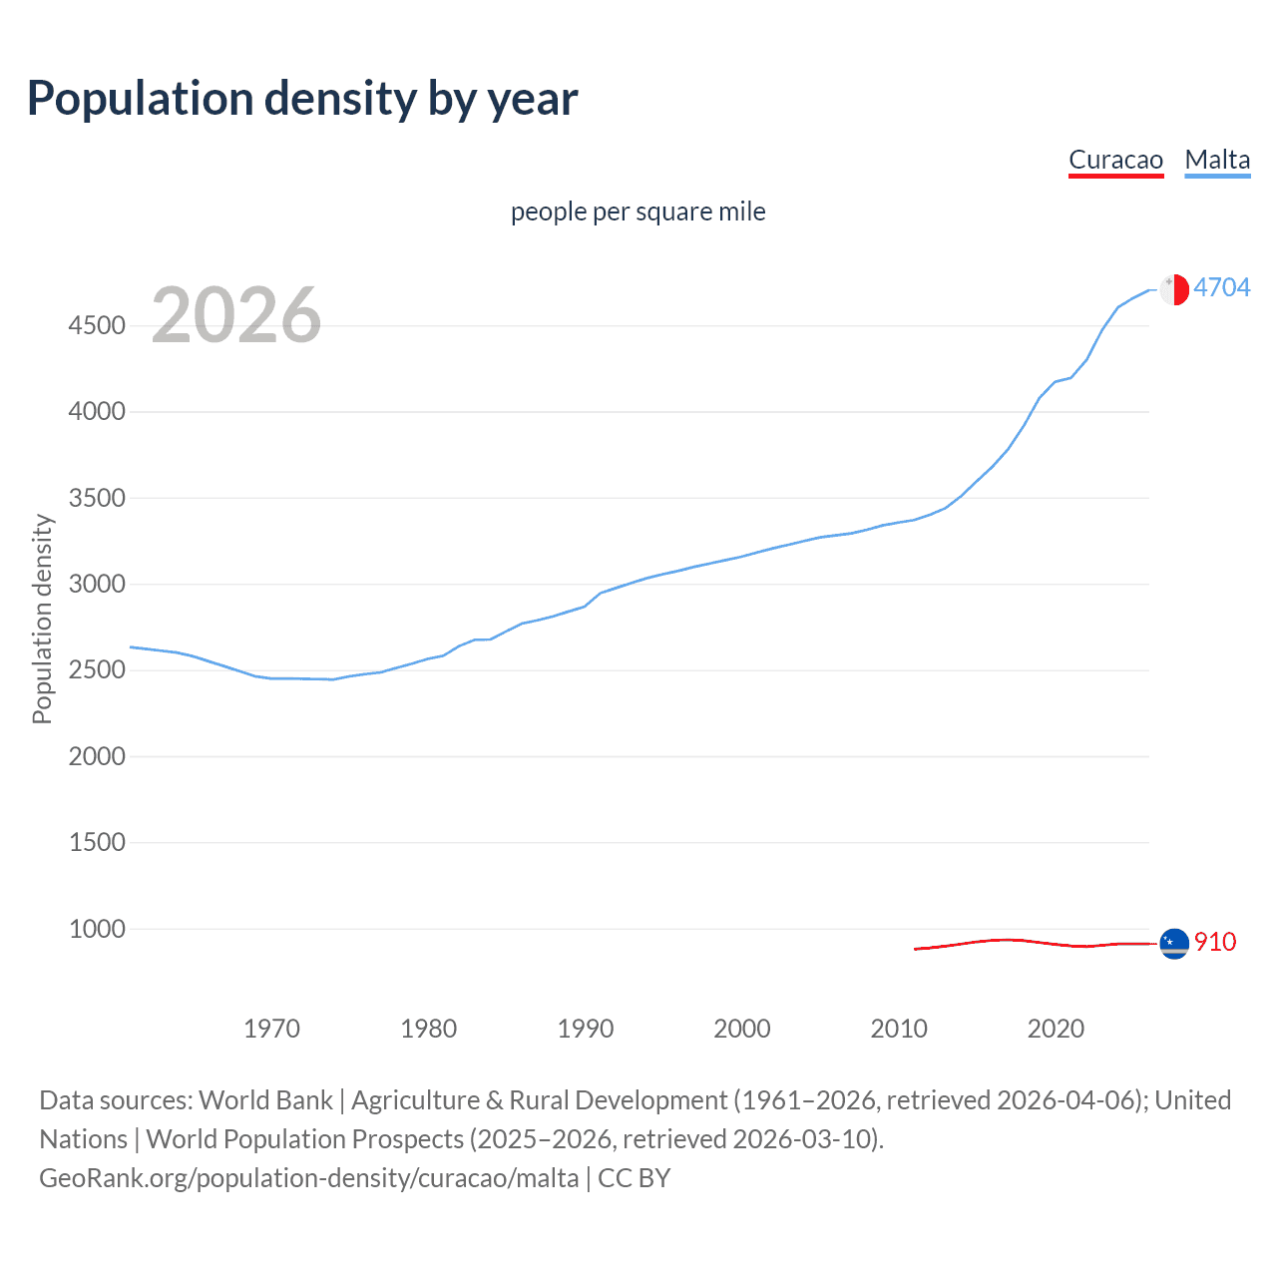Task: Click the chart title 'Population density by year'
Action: click(302, 99)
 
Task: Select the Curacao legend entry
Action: click(1115, 160)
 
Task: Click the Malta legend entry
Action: click(1217, 160)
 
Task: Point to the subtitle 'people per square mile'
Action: click(638, 212)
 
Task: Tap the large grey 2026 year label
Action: click(236, 315)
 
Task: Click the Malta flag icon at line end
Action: click(1174, 289)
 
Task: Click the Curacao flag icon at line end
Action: click(1174, 943)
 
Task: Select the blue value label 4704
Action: click(1221, 287)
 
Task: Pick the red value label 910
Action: click(1214, 942)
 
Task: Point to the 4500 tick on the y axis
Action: click(97, 325)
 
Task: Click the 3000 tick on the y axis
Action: click(97, 584)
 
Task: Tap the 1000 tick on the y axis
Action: click(97, 929)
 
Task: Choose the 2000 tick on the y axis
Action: click(97, 756)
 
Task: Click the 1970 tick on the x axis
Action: click(271, 1029)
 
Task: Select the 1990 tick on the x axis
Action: click(586, 1029)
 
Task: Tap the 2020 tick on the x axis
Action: click(1056, 1029)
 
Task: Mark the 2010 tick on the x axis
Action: click(899, 1029)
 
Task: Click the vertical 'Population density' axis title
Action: click(42, 619)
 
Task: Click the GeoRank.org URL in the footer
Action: click(308, 1178)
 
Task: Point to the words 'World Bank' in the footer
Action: click(265, 1100)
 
